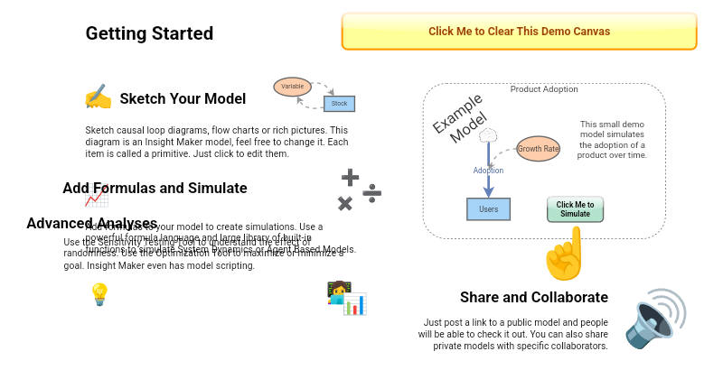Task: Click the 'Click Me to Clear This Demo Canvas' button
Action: pos(519,32)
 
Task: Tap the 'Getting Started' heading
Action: pos(149,33)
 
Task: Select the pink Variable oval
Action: pos(292,87)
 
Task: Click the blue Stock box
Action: pos(339,104)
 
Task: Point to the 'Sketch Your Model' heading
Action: pos(183,98)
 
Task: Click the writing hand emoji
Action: pos(98,97)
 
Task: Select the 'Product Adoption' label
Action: pos(544,89)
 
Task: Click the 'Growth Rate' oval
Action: pos(538,148)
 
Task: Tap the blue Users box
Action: pos(488,209)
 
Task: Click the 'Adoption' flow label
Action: pos(488,171)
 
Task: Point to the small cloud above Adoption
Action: pos(488,135)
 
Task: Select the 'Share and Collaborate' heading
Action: pos(533,297)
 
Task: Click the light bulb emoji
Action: pos(99,293)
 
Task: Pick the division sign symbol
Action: pos(372,192)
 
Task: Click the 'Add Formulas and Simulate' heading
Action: pos(155,188)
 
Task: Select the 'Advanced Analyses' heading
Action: pos(92,223)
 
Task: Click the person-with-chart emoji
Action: pos(346,298)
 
